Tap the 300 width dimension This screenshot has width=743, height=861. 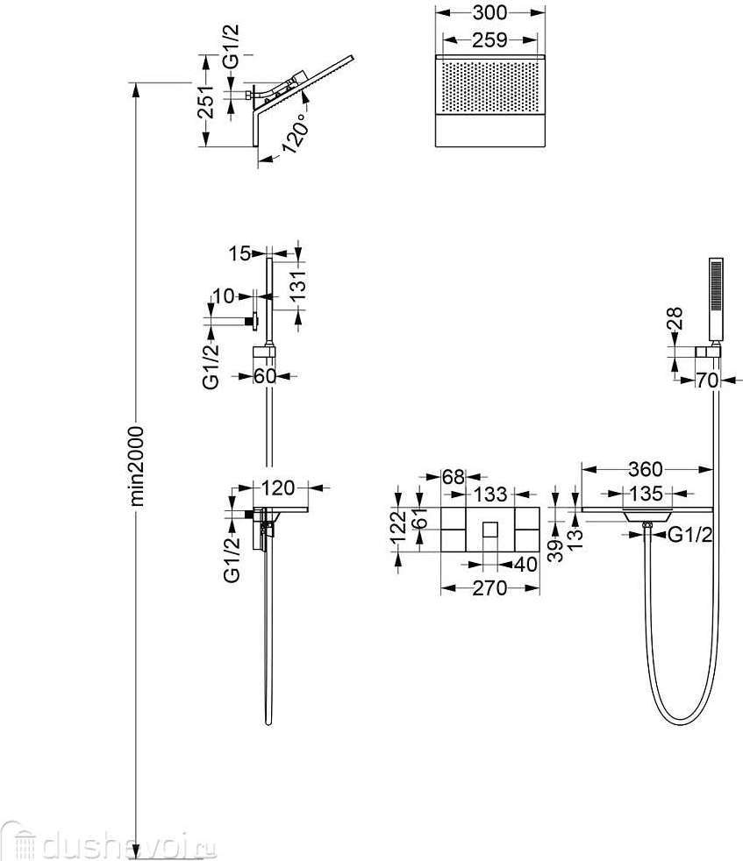click(x=489, y=13)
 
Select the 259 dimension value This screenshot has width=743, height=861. click(x=489, y=39)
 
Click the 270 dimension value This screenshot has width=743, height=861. click(x=489, y=588)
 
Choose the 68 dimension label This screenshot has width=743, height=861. click(x=453, y=478)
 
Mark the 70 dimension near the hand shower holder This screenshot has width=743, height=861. click(x=708, y=381)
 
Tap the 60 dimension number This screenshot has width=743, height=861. click(x=266, y=377)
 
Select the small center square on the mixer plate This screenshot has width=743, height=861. click(x=490, y=530)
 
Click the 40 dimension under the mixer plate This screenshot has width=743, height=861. click(x=524, y=565)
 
